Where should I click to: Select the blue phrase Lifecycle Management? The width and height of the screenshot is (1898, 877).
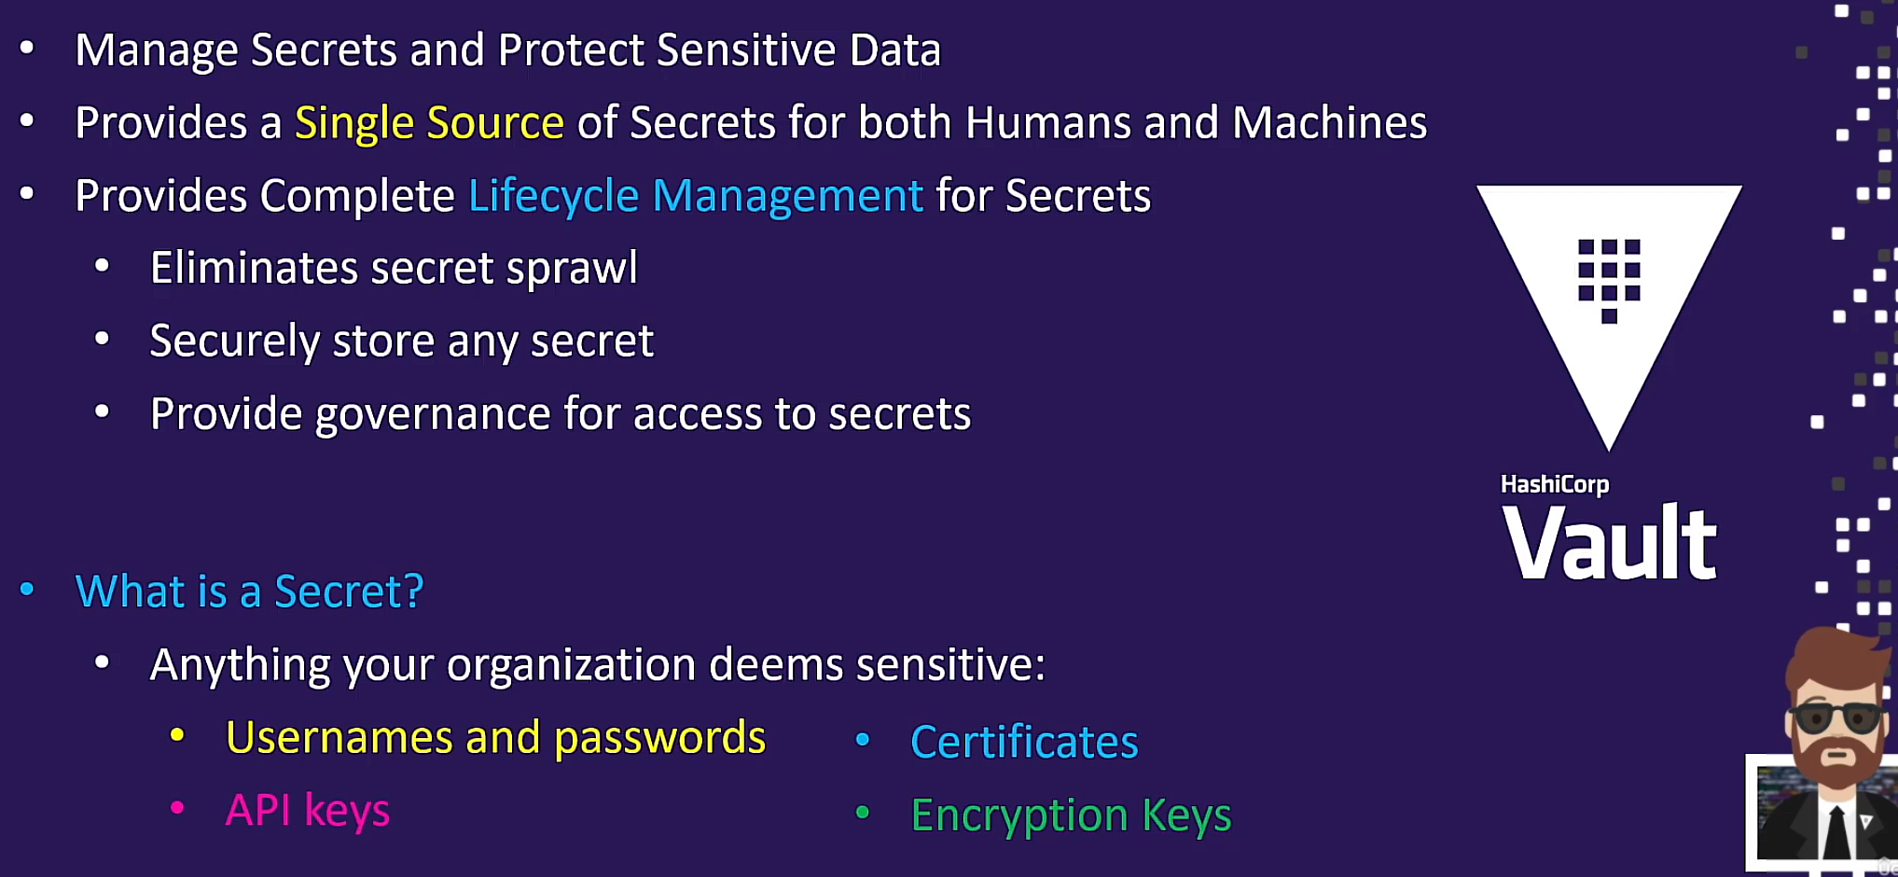pos(696,197)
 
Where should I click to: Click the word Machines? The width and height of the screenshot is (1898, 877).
pos(1330,122)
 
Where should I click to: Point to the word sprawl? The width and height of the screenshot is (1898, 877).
pos(572,270)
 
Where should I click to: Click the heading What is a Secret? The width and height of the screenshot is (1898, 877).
pos(250,592)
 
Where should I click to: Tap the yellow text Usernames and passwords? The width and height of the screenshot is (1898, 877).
pos(495,738)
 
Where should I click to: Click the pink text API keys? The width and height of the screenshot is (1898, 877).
pos(308,811)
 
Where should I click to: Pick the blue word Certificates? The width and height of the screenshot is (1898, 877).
pos(1024,743)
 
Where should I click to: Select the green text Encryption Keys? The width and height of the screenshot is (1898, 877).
pos(1071,816)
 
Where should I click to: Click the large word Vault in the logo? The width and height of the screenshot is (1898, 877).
pos(1610,542)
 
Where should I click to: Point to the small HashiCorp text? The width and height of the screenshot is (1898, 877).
pos(1555,485)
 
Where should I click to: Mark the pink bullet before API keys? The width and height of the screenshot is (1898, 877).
pos(177,808)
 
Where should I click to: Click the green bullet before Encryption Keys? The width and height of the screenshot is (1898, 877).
pos(863,813)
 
